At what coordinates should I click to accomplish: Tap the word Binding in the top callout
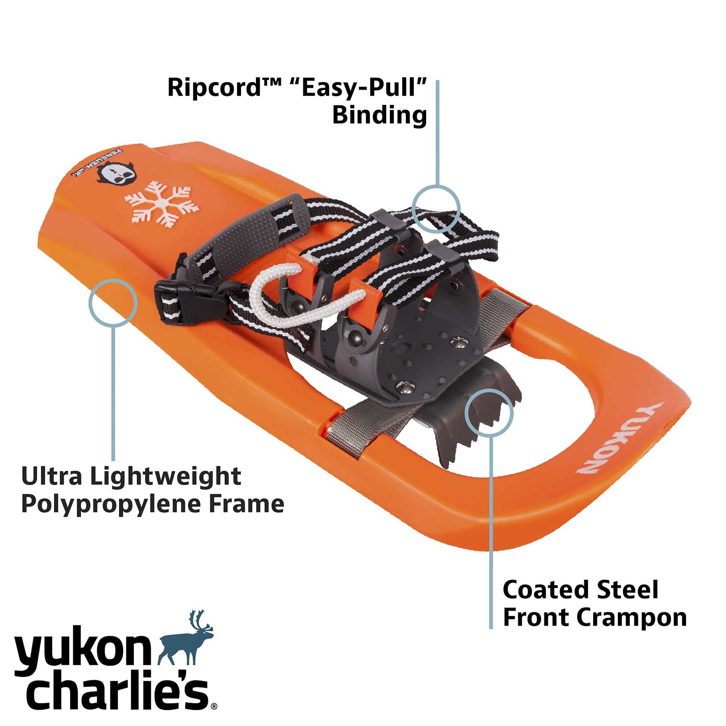coord(379,115)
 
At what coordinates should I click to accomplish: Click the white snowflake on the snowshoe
coord(162,203)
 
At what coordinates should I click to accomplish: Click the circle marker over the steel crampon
coord(489,412)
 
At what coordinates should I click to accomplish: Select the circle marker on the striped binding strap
coord(436,209)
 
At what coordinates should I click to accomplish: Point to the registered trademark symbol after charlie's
coord(214,706)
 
